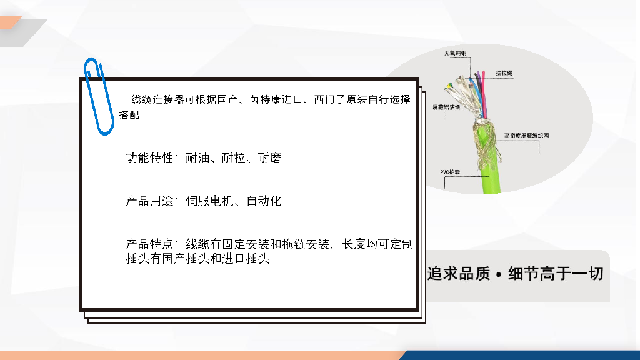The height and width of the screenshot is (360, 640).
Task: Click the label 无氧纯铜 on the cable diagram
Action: (x=455, y=53)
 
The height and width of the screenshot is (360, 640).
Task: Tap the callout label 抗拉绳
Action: (x=504, y=73)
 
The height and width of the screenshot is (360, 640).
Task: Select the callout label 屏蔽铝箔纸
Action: (x=446, y=107)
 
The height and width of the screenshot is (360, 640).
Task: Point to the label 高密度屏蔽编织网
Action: (x=526, y=136)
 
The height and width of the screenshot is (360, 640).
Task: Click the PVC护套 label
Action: (x=450, y=172)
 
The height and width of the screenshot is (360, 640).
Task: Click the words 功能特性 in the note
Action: (x=150, y=158)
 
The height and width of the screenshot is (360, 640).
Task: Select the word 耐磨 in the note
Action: (x=269, y=158)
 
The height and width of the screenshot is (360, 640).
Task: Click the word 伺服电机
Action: (x=209, y=201)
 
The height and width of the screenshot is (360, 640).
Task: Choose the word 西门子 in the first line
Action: (x=330, y=99)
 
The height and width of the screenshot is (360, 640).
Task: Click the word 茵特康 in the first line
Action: (x=265, y=99)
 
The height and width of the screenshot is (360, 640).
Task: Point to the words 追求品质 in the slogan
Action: (x=458, y=274)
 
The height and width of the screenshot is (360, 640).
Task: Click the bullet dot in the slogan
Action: (x=499, y=275)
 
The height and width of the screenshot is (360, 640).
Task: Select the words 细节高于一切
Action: (x=556, y=274)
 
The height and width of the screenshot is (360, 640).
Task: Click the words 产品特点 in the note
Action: (x=150, y=244)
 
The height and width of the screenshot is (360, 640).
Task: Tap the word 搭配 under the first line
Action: (x=129, y=115)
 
